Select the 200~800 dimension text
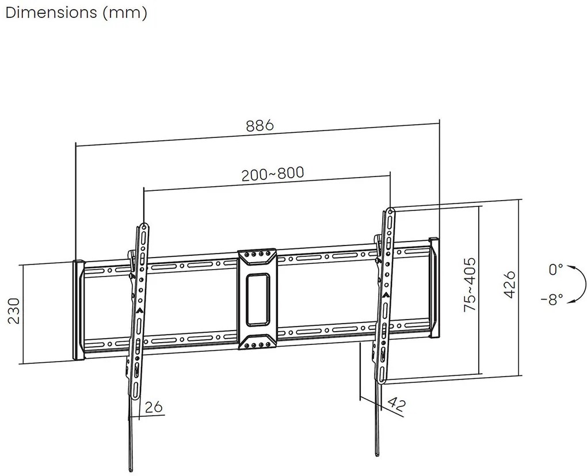[272, 174]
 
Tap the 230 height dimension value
[13, 312]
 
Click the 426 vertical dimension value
[508, 285]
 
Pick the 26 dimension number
[154, 407]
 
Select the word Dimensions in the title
[50, 13]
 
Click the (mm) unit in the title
[125, 13]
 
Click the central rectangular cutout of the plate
[258, 298]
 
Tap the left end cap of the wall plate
[78, 310]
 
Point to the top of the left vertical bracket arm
[143, 225]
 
